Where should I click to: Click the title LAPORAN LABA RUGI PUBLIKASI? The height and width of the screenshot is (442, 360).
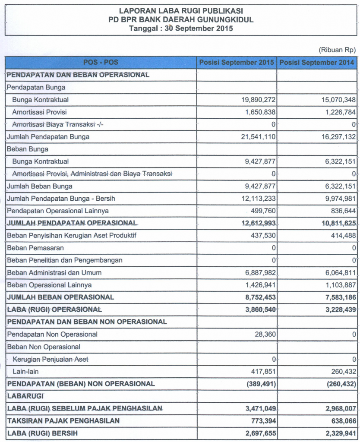181,10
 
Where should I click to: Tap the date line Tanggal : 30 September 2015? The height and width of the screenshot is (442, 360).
181,29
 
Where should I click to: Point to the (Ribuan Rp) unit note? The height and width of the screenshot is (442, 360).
337,50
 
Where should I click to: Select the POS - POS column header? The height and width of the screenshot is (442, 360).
101,63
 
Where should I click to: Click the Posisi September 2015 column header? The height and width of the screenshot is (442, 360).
237,63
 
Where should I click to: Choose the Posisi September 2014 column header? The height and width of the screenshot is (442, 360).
317,63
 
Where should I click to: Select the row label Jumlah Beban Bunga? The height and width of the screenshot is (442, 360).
40,186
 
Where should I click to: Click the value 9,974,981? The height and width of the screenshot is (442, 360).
339,199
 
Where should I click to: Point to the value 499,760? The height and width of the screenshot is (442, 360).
262,211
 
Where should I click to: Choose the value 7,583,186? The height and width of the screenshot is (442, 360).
339,297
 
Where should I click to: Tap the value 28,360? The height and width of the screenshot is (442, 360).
264,334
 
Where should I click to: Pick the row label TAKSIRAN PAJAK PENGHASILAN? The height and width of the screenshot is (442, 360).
63,420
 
